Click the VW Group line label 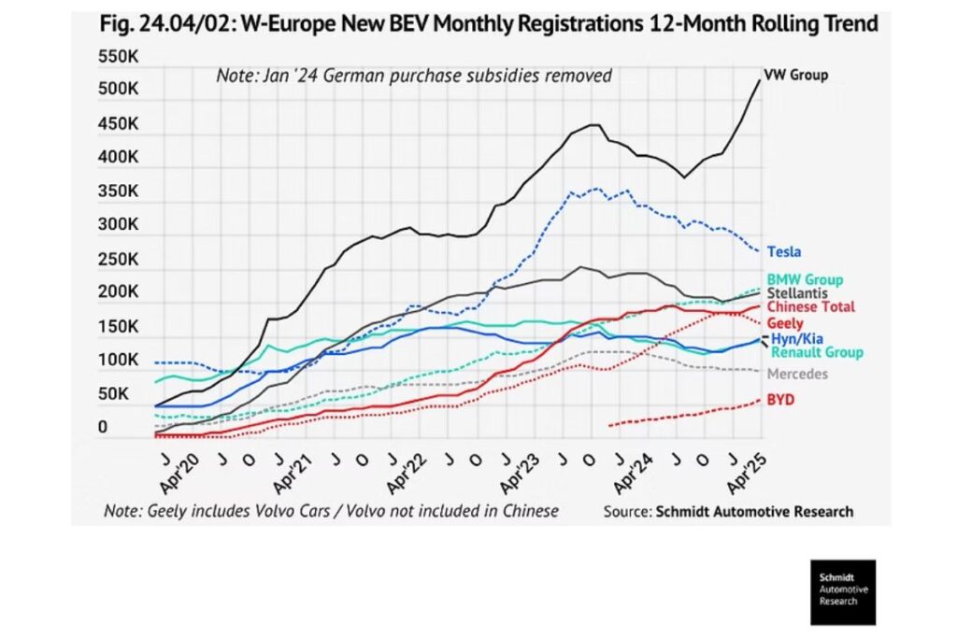[795, 76]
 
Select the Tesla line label [784, 251]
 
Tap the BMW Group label [805, 279]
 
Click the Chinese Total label [810, 307]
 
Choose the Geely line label [784, 322]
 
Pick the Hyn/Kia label [796, 338]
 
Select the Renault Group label [817, 352]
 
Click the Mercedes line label [797, 374]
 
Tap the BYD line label [780, 399]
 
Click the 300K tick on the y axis [118, 225]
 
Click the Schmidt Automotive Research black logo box [843, 592]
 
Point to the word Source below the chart [627, 512]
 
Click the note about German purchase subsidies [414, 76]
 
